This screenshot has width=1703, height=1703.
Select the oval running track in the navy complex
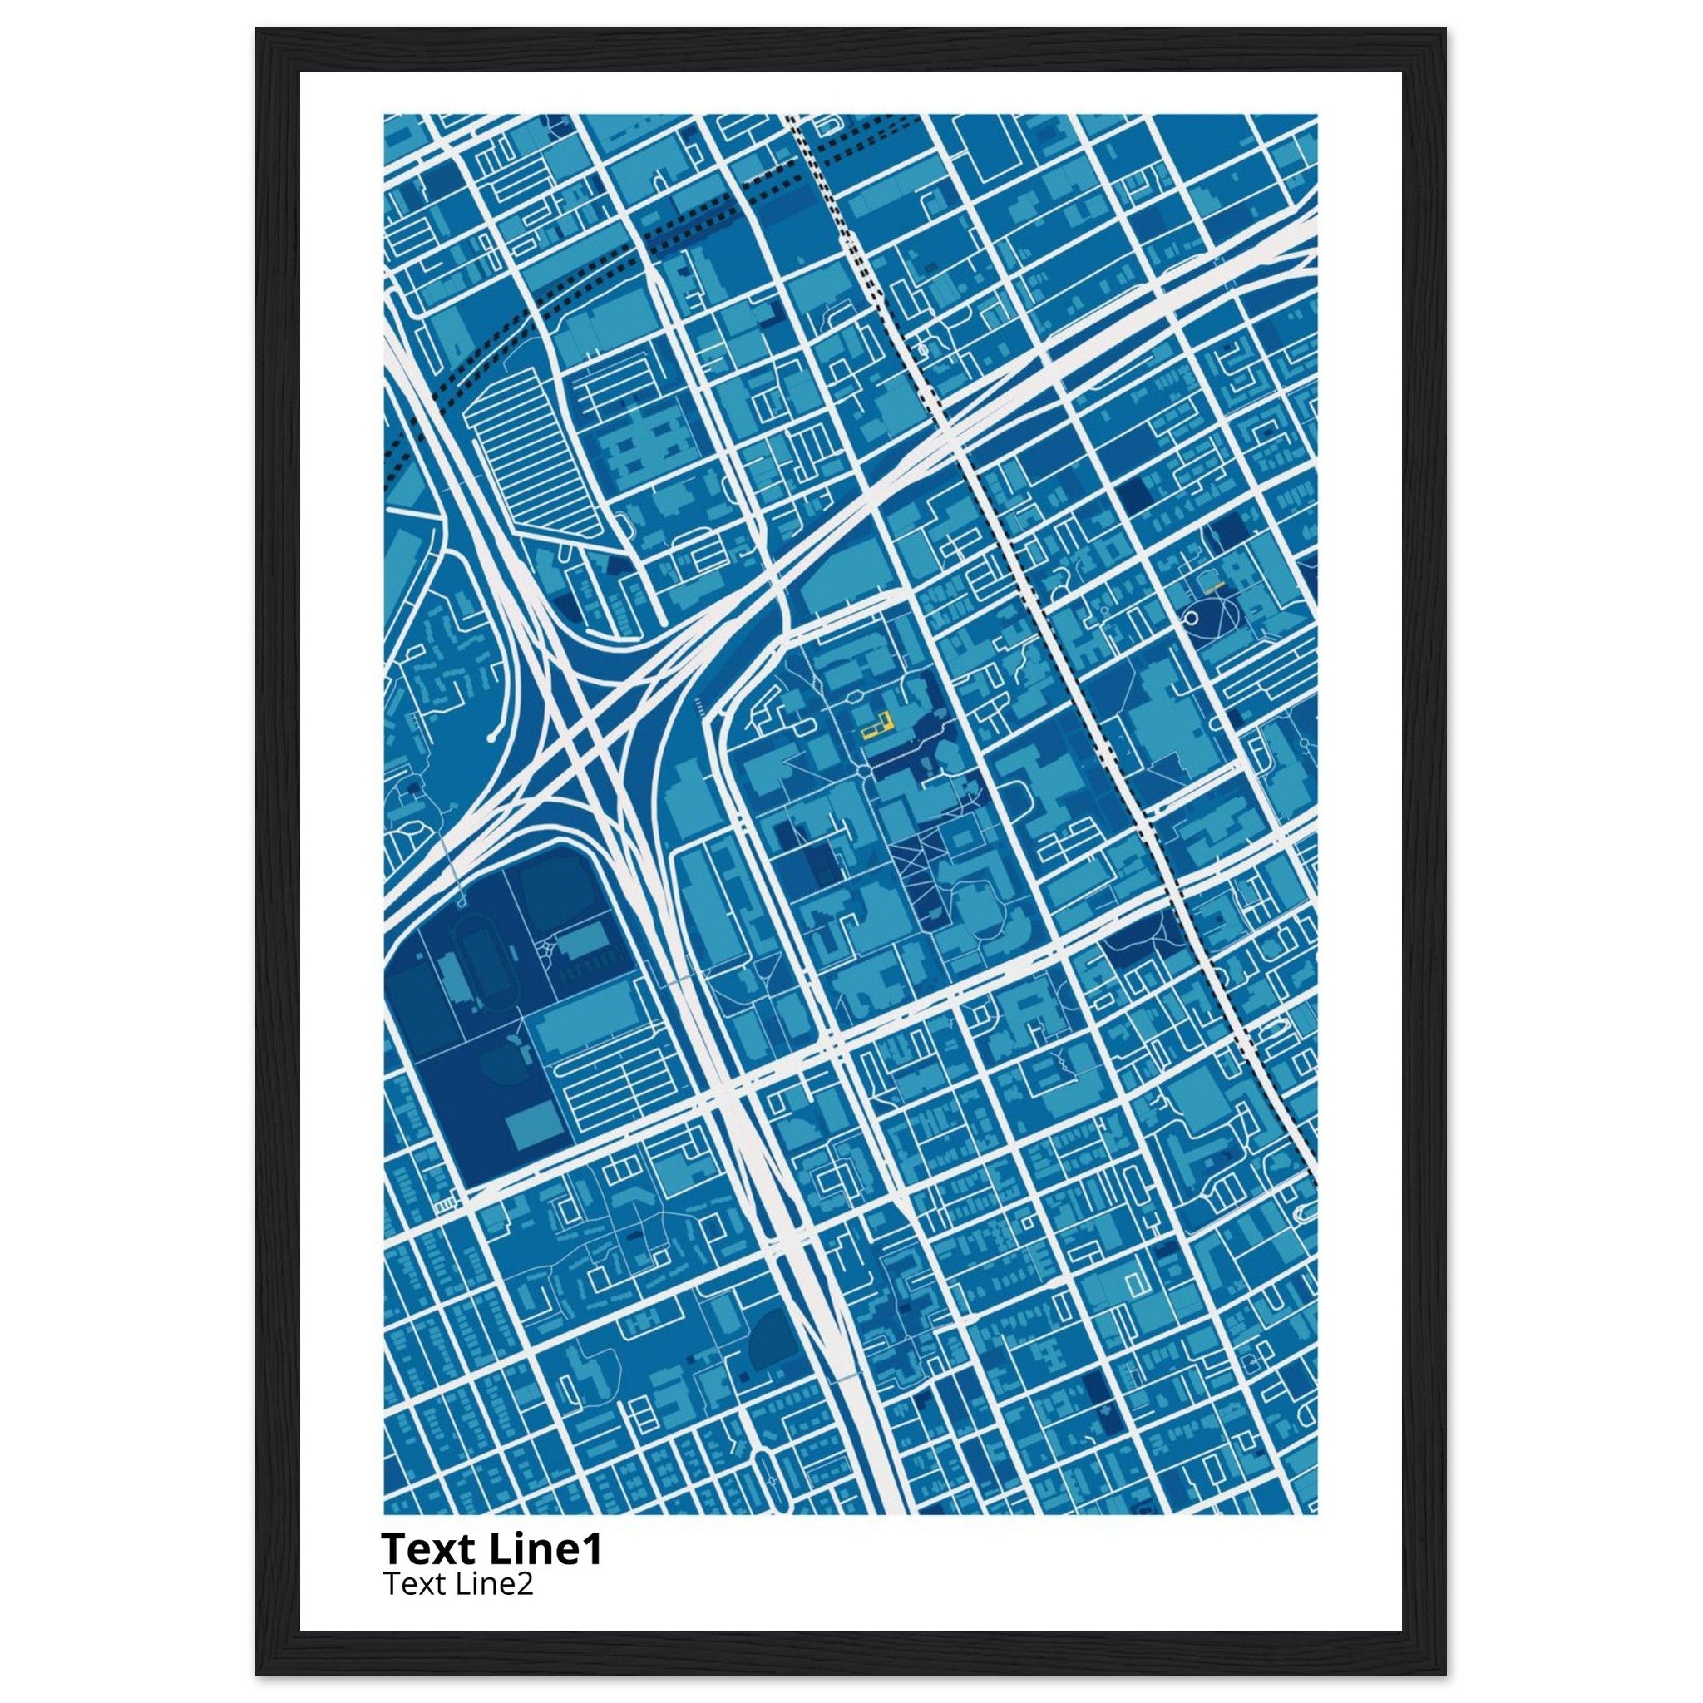click(x=481, y=967)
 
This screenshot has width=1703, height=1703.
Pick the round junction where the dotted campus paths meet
click(x=863, y=772)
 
